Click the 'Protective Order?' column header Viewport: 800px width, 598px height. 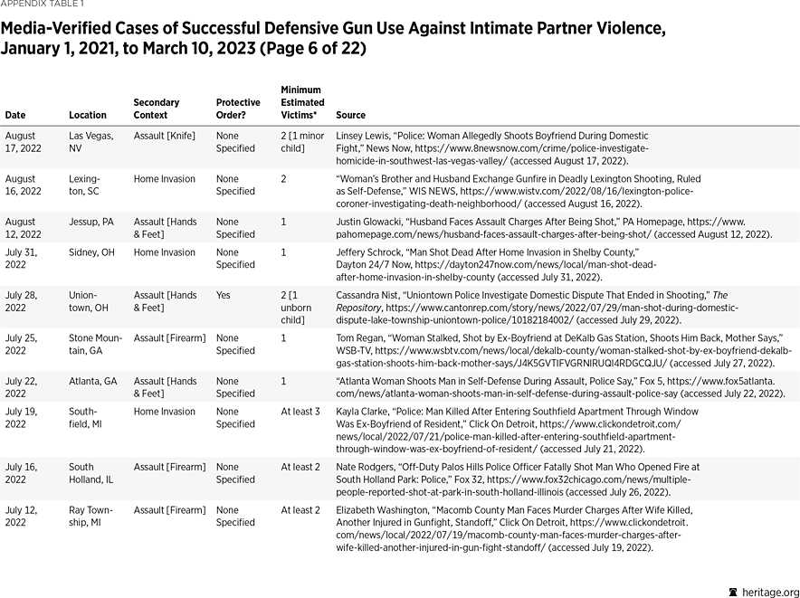click(x=238, y=109)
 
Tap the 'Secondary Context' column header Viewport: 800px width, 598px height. click(x=157, y=109)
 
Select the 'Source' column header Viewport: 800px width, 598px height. click(x=351, y=115)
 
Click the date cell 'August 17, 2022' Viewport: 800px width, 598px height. click(x=24, y=142)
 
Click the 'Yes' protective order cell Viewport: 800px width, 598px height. click(x=224, y=295)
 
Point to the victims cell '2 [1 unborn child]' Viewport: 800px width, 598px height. click(x=300, y=307)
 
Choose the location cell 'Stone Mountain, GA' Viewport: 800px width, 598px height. click(x=95, y=344)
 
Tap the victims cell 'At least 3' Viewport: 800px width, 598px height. click(x=300, y=412)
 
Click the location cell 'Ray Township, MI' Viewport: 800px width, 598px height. click(x=90, y=516)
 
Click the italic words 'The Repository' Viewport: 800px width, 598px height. click(x=742, y=295)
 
